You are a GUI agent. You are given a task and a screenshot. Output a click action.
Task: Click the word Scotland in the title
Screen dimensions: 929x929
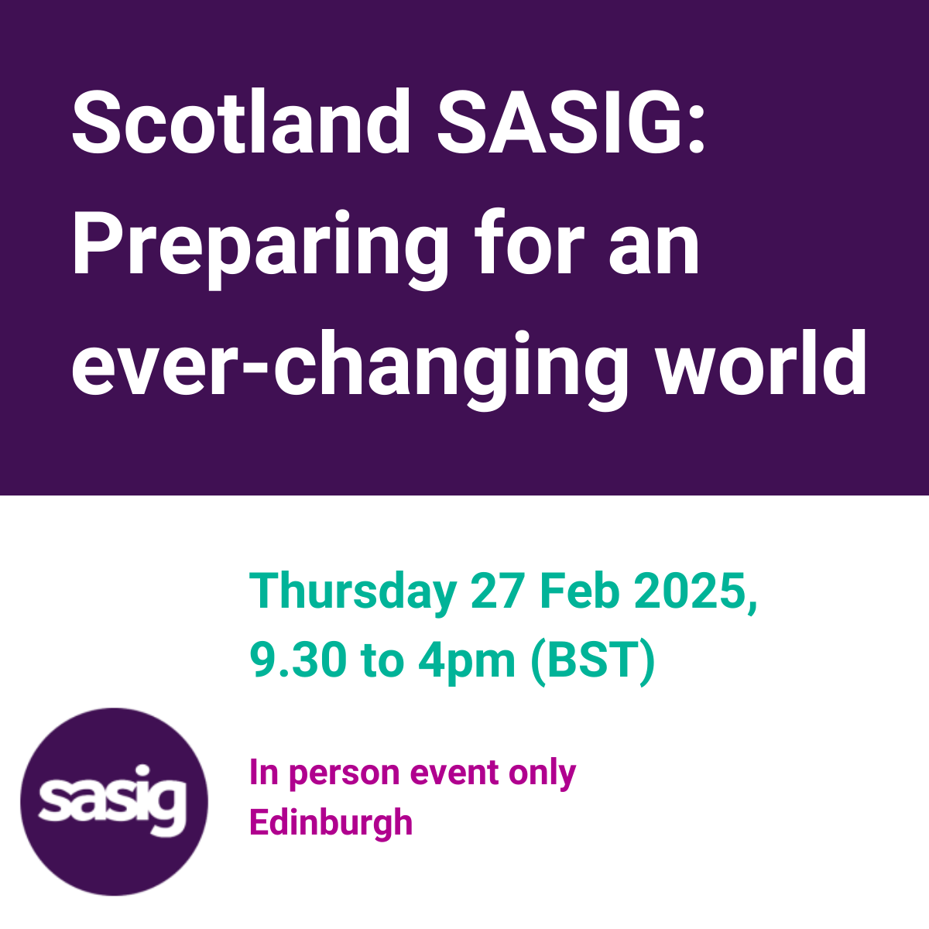tap(241, 122)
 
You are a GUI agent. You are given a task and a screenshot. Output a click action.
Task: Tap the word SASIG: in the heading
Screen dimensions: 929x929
tap(571, 122)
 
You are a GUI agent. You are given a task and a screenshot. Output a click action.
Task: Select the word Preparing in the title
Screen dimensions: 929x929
tap(260, 249)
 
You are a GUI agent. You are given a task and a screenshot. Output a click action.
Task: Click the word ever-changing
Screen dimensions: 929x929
tap(350, 370)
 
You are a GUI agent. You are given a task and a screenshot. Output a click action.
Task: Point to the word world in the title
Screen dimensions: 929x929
tap(763, 362)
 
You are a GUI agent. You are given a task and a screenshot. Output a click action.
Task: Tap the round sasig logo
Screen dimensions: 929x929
tap(115, 802)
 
